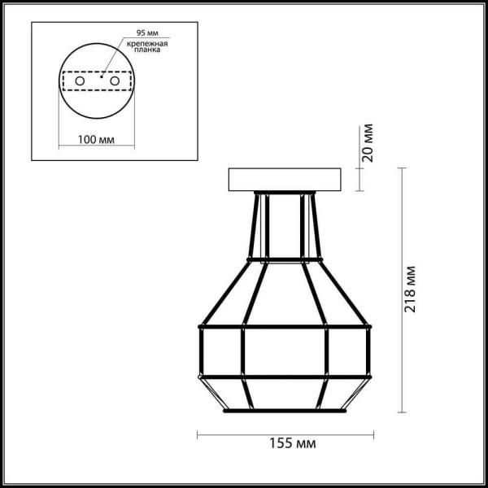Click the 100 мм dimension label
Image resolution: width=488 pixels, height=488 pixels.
point(94,139)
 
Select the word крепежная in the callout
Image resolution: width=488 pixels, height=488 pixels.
point(148,43)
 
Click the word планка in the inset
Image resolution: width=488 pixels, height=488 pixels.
point(148,50)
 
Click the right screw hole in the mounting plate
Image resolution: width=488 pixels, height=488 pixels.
point(115,82)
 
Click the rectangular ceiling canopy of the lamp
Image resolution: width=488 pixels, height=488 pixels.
point(283,179)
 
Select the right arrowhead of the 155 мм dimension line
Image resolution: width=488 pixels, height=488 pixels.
point(370,434)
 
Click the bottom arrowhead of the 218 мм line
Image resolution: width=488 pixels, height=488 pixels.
point(401,411)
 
